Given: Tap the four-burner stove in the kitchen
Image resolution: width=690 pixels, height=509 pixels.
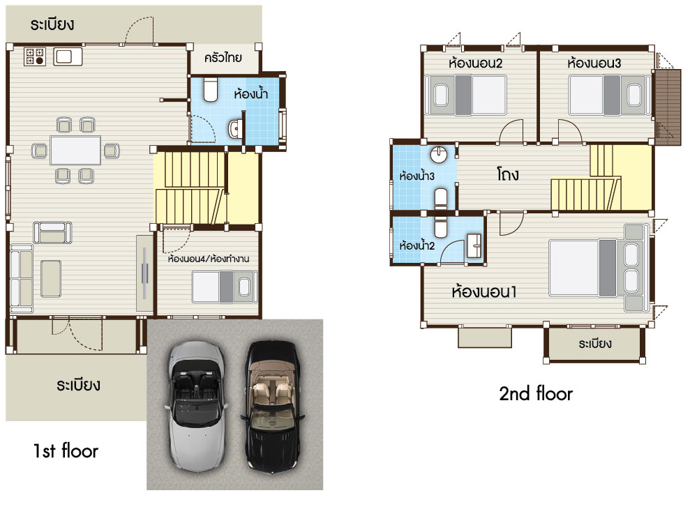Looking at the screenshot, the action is (x=35, y=56).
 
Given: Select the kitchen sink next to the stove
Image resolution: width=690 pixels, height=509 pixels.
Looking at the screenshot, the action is (x=68, y=56).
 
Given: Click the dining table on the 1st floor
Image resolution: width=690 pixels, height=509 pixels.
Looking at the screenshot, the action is (x=75, y=151).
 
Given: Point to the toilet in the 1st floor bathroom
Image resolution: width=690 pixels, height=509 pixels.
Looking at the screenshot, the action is (x=211, y=89).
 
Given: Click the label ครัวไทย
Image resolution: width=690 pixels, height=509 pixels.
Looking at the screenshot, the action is (x=223, y=58).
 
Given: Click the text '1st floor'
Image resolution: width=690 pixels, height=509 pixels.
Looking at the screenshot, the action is (x=66, y=450).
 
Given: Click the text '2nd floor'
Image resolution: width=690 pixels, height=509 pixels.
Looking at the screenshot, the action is (x=536, y=393).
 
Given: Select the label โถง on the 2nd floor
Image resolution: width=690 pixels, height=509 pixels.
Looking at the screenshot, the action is (x=508, y=174).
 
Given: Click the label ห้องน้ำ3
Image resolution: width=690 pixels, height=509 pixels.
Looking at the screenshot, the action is (x=417, y=176).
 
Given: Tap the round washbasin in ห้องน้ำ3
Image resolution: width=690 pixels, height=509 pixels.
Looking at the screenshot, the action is (x=438, y=154).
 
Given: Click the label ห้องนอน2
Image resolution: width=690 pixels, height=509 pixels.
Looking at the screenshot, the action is (x=475, y=63).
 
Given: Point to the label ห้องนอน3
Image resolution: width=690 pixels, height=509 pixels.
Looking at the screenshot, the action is (x=594, y=63).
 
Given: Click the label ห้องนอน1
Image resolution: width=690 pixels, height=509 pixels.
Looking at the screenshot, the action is (x=484, y=291).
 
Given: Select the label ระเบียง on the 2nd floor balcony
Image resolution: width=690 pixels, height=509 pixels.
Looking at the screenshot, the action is (x=595, y=344).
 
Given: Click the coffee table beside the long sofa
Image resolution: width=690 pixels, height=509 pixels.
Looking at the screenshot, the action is (x=51, y=278).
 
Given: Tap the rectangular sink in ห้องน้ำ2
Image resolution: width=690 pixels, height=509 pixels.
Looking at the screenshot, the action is (x=474, y=245).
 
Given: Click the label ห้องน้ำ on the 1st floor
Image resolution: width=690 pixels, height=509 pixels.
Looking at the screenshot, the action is (x=251, y=93).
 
